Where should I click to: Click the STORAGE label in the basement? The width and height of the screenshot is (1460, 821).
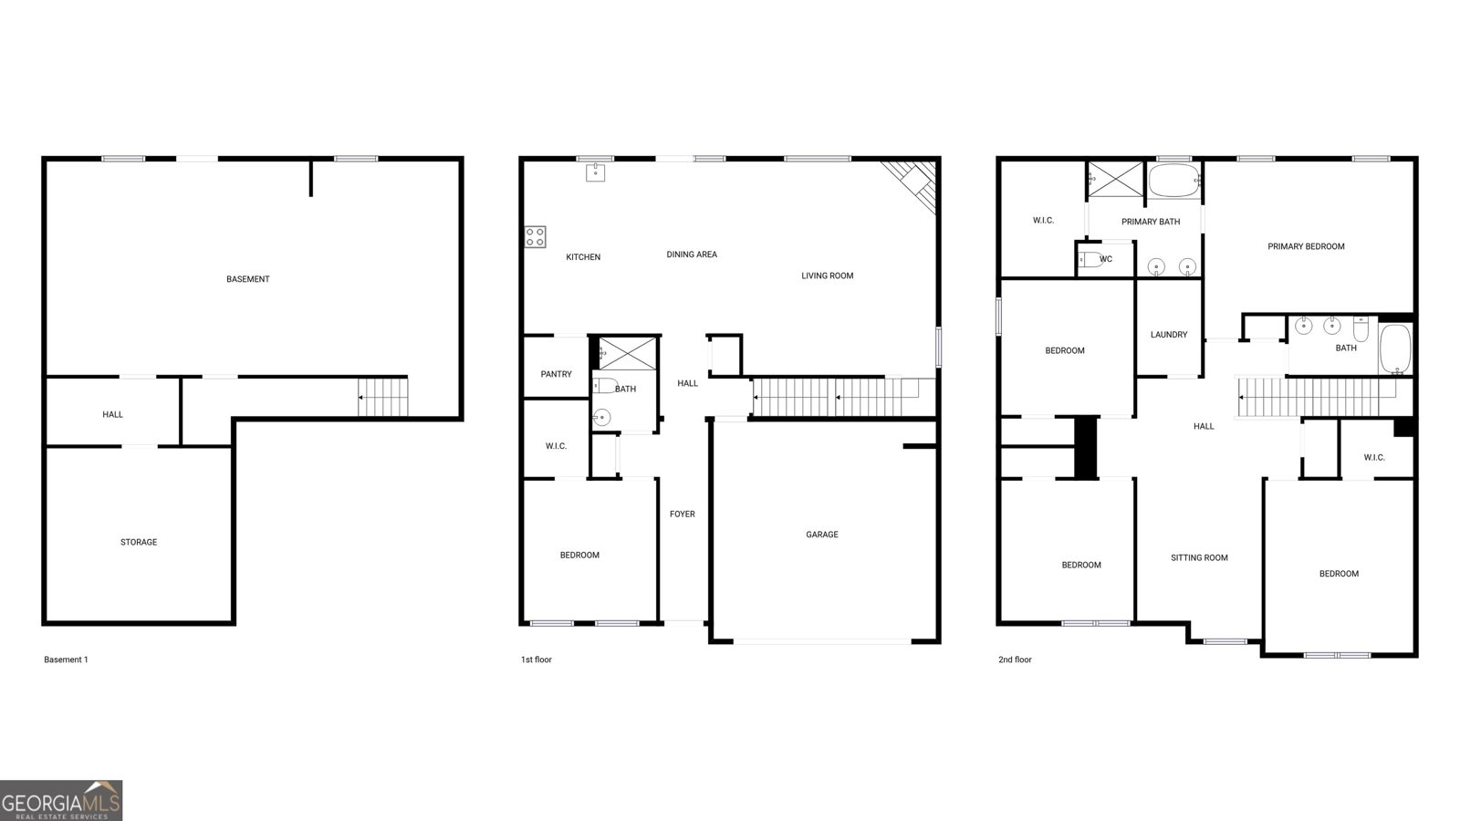tap(138, 542)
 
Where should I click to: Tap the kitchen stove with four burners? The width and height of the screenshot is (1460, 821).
tap(535, 237)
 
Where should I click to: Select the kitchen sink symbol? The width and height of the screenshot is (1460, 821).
tap(595, 172)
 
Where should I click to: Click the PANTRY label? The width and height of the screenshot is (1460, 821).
tap(556, 374)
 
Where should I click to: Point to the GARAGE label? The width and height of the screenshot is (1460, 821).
tap(822, 535)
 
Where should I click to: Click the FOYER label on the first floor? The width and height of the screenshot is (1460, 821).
tap(683, 514)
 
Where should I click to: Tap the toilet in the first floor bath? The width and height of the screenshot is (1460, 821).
tap(604, 385)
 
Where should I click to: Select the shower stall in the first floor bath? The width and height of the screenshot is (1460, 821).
tap(628, 354)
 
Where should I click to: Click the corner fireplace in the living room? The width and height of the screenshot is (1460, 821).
tap(909, 187)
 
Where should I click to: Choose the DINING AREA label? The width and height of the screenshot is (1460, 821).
tap(692, 255)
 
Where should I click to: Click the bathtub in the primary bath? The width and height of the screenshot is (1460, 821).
tap(1174, 181)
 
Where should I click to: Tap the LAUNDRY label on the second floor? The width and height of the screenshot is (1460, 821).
tap(1169, 335)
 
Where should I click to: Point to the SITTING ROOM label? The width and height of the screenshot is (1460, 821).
tap(1199, 557)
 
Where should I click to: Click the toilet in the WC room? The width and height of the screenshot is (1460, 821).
tap(1090, 259)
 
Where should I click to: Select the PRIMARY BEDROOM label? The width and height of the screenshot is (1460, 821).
tap(1306, 246)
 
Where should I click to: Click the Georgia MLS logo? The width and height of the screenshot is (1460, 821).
tap(61, 801)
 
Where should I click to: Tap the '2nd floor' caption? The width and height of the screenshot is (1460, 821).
tap(1015, 660)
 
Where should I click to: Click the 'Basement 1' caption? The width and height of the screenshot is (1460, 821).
tap(66, 660)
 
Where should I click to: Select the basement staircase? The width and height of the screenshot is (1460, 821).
tap(382, 397)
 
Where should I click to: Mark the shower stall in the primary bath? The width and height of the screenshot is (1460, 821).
tap(1116, 179)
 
